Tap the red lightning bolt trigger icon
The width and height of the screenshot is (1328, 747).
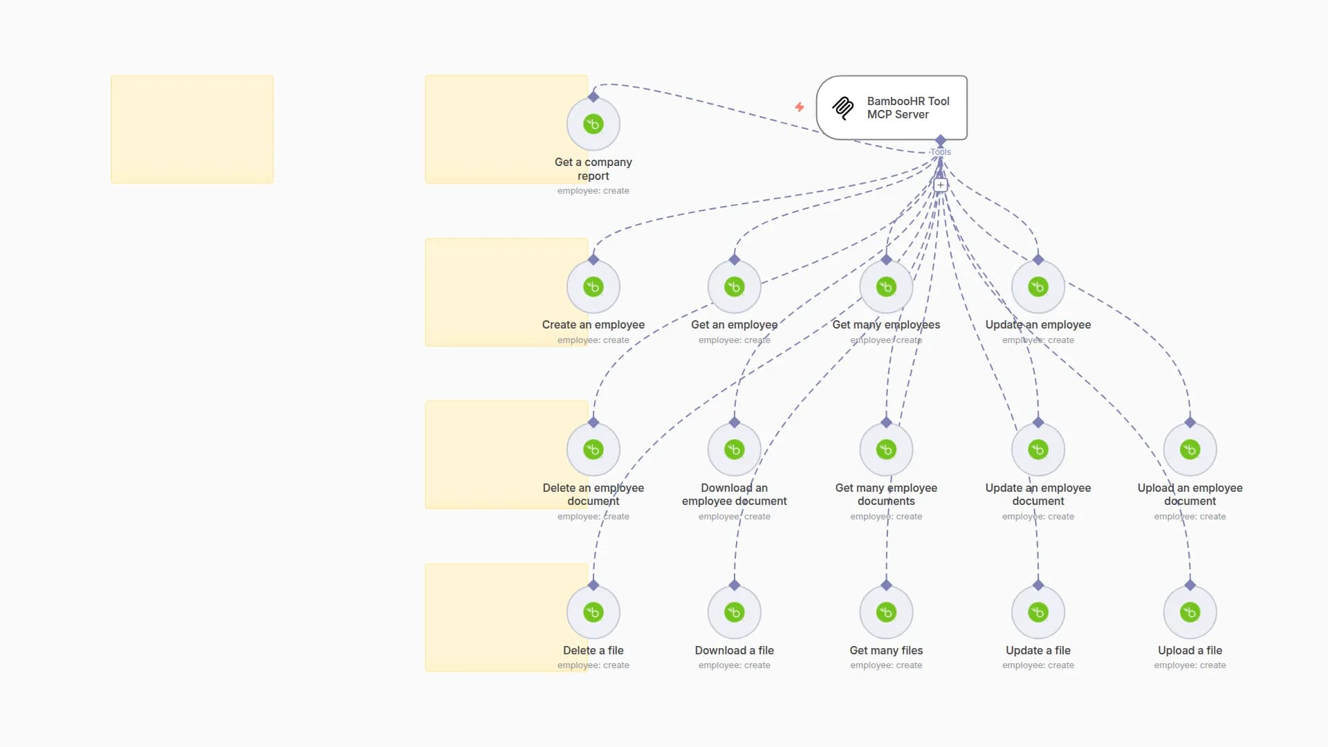[800, 107]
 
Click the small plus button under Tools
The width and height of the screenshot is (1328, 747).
[940, 185]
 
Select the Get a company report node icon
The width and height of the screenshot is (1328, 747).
[593, 124]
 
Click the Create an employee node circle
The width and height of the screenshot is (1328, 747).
[593, 287]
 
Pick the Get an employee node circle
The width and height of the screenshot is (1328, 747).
[735, 287]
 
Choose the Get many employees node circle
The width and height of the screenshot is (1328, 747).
[886, 287]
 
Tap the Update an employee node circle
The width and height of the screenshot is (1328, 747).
[1038, 287]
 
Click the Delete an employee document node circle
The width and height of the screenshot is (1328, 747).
[593, 450]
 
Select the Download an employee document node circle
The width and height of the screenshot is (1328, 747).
[735, 450]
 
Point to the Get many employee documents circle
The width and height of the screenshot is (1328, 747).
[886, 450]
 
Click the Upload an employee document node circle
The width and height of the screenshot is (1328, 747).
[1190, 450]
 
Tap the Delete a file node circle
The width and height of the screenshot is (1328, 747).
[593, 612]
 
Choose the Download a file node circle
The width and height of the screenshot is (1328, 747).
[735, 612]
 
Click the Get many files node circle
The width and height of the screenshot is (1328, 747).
[886, 612]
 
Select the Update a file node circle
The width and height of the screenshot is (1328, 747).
[1038, 612]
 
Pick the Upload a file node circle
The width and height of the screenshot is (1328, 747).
[1190, 612]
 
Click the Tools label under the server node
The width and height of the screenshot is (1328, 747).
[941, 152]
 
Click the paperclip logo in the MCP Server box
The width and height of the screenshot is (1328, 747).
[843, 108]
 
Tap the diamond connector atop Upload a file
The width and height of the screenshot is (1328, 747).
[1190, 585]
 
